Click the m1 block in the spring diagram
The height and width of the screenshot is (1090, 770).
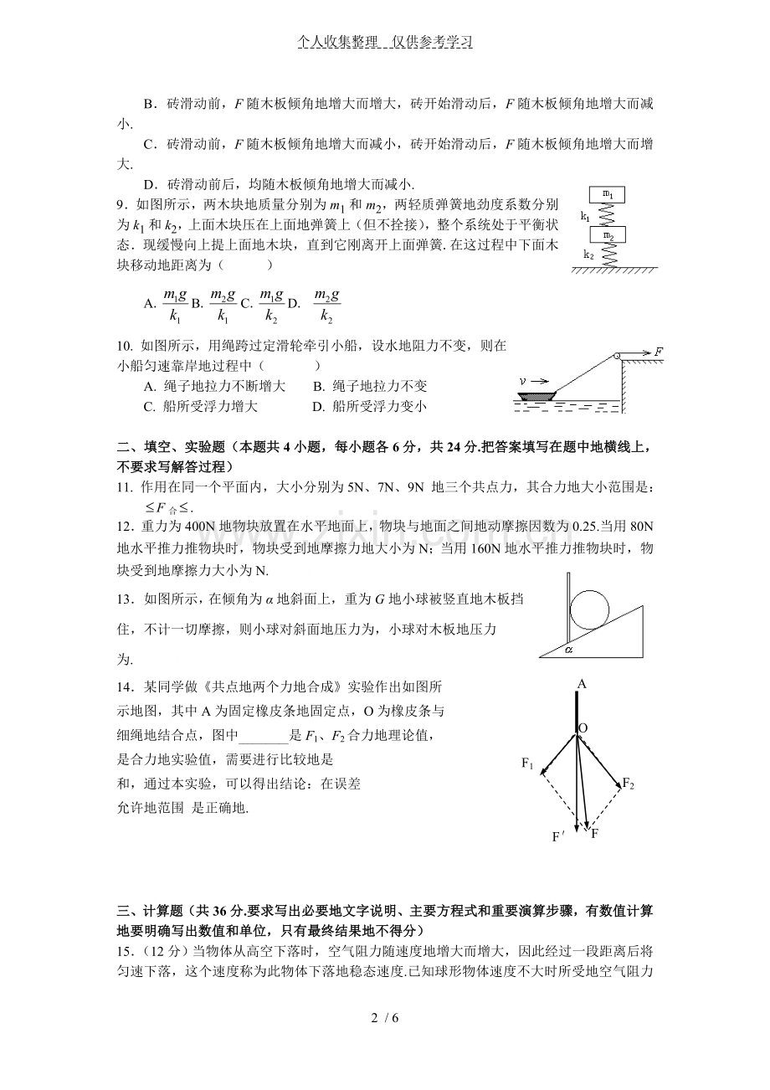[x=608, y=195]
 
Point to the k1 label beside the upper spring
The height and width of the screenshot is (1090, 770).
[x=586, y=216]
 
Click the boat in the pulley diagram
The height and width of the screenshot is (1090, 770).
[x=537, y=393]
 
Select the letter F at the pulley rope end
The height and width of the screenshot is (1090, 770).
[x=659, y=351]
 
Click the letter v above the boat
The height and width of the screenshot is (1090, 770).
[x=523, y=380]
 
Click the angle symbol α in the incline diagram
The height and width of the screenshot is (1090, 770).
[x=568, y=647]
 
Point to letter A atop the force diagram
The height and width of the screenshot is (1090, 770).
[x=580, y=684]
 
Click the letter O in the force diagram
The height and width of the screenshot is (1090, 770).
[x=583, y=728]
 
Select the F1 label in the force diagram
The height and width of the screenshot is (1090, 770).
[x=527, y=763]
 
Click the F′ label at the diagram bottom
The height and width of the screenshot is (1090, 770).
[x=558, y=836]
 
